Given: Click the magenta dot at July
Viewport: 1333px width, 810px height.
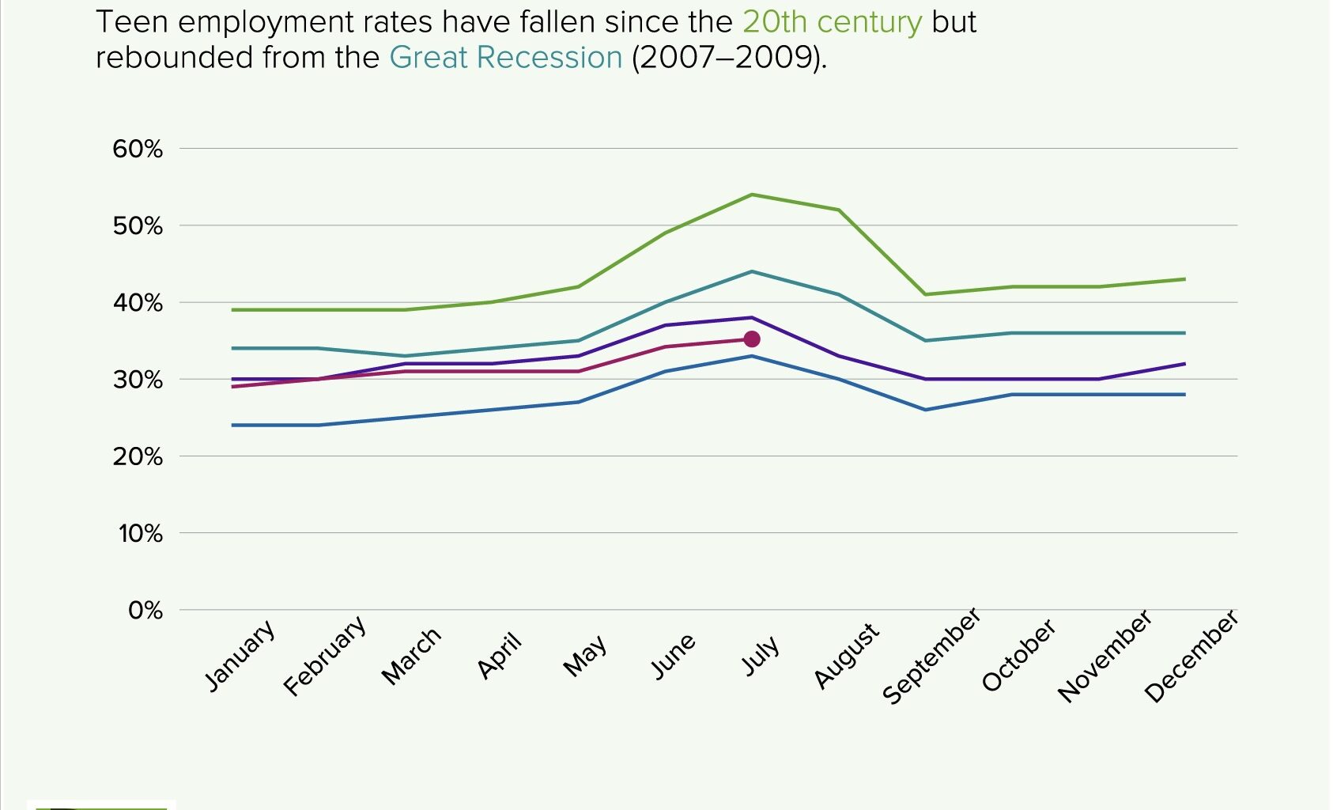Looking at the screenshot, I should [752, 339].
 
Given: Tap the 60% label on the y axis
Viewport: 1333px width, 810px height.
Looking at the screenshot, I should [138, 149].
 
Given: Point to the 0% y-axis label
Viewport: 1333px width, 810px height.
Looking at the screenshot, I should [145, 610].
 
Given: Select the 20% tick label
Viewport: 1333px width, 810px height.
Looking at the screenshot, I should [138, 456].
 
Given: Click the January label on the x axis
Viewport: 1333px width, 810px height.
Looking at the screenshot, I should [240, 656].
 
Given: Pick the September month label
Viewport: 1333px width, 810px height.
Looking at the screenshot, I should [931, 656].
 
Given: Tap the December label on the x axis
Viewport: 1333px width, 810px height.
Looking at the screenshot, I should [1191, 657].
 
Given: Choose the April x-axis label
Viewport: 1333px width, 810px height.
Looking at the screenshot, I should [500, 656].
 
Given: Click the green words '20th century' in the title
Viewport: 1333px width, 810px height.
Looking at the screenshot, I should [832, 22].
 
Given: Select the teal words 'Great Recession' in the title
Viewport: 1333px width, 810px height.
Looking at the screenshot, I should [506, 58].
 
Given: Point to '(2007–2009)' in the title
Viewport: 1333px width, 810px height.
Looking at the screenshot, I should [728, 58].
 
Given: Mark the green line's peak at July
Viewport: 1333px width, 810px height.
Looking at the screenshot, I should [752, 195].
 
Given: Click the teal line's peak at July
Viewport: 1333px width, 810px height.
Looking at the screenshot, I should [752, 271].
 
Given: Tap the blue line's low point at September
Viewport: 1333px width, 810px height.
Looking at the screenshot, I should [926, 410].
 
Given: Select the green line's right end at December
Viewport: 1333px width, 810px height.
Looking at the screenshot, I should [1184, 279].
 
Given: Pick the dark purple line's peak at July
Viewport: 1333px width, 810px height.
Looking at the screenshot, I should [752, 317].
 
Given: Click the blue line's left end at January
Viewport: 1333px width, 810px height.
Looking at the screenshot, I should [233, 426].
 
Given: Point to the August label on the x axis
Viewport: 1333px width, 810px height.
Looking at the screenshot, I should [846, 656].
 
